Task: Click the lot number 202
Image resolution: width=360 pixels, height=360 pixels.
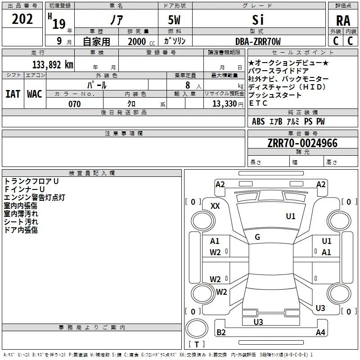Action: click(x=22, y=19)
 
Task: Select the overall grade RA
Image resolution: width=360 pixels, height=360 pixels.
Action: click(x=343, y=21)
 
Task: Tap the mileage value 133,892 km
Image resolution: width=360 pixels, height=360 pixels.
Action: click(x=53, y=65)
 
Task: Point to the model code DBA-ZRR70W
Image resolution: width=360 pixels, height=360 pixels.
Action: click(x=258, y=41)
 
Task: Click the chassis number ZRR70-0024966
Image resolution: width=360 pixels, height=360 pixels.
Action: click(x=302, y=143)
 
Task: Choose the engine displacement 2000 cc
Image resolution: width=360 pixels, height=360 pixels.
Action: click(x=141, y=42)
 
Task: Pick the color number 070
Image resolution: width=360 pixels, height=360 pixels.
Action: click(x=74, y=104)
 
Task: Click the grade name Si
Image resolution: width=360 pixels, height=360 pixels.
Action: click(x=258, y=20)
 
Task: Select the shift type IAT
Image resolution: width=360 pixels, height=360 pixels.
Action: click(x=13, y=94)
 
